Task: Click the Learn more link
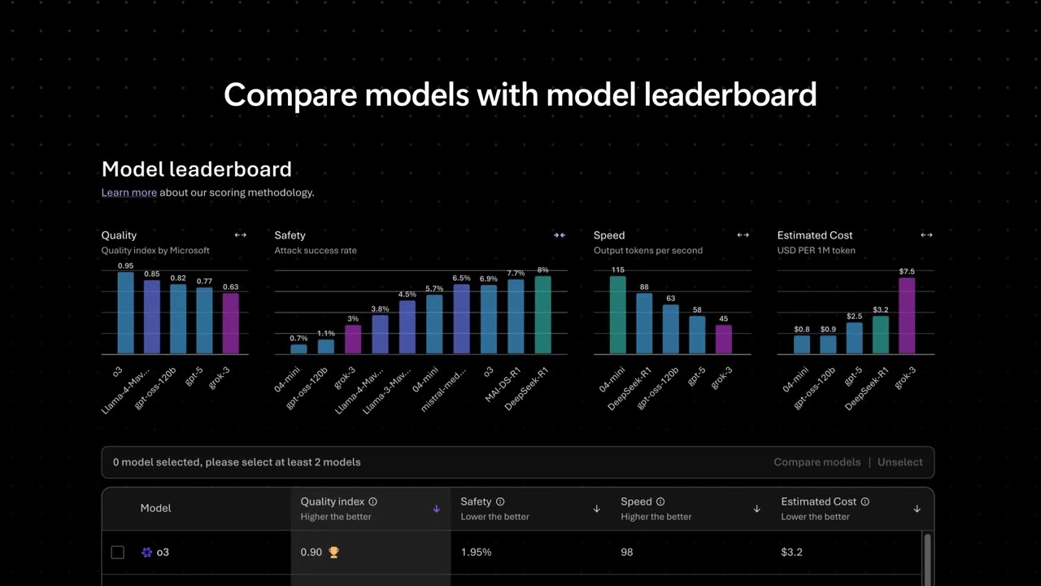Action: [128, 193]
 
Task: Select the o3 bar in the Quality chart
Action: [125, 313]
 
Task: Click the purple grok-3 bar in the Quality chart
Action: [231, 324]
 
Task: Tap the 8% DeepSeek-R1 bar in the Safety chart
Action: [542, 315]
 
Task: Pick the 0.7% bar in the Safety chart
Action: [298, 349]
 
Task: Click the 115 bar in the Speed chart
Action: [618, 316]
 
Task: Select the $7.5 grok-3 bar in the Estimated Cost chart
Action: [907, 317]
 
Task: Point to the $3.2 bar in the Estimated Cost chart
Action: [881, 335]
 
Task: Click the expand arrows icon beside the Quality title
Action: [241, 235]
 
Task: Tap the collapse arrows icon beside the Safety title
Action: [559, 235]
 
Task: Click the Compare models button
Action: [817, 462]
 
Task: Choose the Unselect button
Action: [899, 462]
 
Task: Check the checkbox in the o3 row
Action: [118, 553]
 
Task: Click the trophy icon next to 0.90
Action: [333, 553]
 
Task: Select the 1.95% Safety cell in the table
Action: [476, 553]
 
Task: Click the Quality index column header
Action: [333, 502]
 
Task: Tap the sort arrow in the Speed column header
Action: [756, 509]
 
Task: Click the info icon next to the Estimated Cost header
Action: [865, 502]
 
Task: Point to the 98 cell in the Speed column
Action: [627, 553]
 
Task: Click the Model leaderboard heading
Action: [196, 169]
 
